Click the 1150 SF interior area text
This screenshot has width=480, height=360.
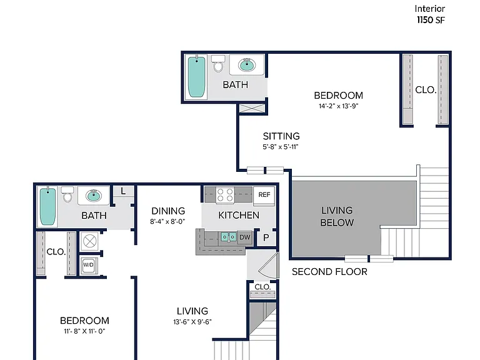point(431,20)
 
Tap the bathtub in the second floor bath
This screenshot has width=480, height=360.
point(196,77)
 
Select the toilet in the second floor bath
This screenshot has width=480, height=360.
point(218,64)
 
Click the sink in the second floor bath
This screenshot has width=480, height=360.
point(247,65)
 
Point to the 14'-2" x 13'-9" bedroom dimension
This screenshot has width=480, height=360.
point(338,106)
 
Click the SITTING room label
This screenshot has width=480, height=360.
point(281,136)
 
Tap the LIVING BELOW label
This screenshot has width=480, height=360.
point(337,216)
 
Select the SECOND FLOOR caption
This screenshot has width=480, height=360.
point(329,272)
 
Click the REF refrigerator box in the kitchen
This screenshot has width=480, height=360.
point(264,195)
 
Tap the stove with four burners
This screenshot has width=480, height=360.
point(225,195)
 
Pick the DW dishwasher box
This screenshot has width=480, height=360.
point(244,237)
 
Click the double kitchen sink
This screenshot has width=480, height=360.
point(228,237)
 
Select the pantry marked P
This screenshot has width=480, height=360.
point(266,237)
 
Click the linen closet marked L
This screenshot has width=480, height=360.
point(123,192)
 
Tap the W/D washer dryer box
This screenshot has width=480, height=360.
point(89,265)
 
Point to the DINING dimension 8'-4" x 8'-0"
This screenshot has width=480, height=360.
point(167,221)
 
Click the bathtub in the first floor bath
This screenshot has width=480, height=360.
point(47,207)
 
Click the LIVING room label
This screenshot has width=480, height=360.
point(192,311)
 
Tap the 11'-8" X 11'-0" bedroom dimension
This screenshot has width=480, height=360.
point(84,331)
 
